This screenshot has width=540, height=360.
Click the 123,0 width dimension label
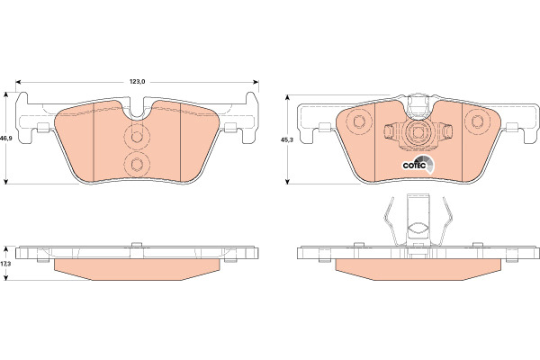coord(138,82)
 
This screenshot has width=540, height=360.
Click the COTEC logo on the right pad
coord(418,165)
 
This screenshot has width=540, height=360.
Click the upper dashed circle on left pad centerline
coord(137,137)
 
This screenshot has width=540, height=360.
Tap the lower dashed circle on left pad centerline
coord(137,165)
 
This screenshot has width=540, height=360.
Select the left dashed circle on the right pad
coord(359,121)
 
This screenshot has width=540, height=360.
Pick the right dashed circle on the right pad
coord(477,121)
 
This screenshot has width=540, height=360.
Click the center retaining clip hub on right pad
coord(418,132)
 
